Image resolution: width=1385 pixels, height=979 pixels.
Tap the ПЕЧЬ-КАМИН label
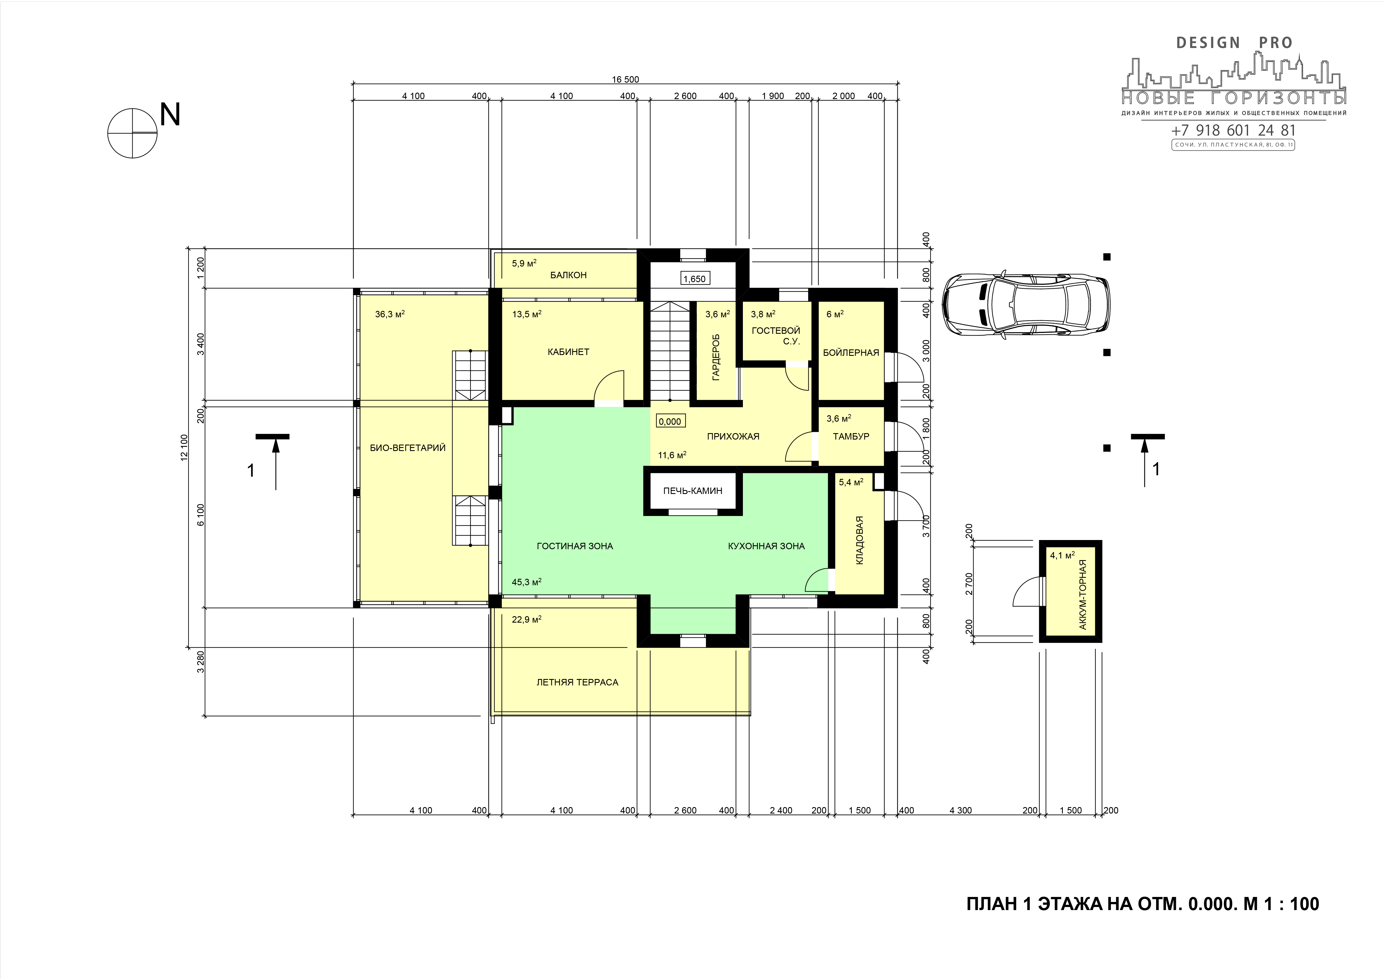tap(692, 491)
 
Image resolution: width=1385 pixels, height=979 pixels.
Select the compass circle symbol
tap(133, 133)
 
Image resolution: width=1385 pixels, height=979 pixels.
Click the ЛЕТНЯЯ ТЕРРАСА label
tap(577, 682)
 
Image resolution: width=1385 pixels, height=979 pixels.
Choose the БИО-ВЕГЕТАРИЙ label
tap(408, 448)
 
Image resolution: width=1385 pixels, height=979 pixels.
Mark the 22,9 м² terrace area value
tap(527, 619)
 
